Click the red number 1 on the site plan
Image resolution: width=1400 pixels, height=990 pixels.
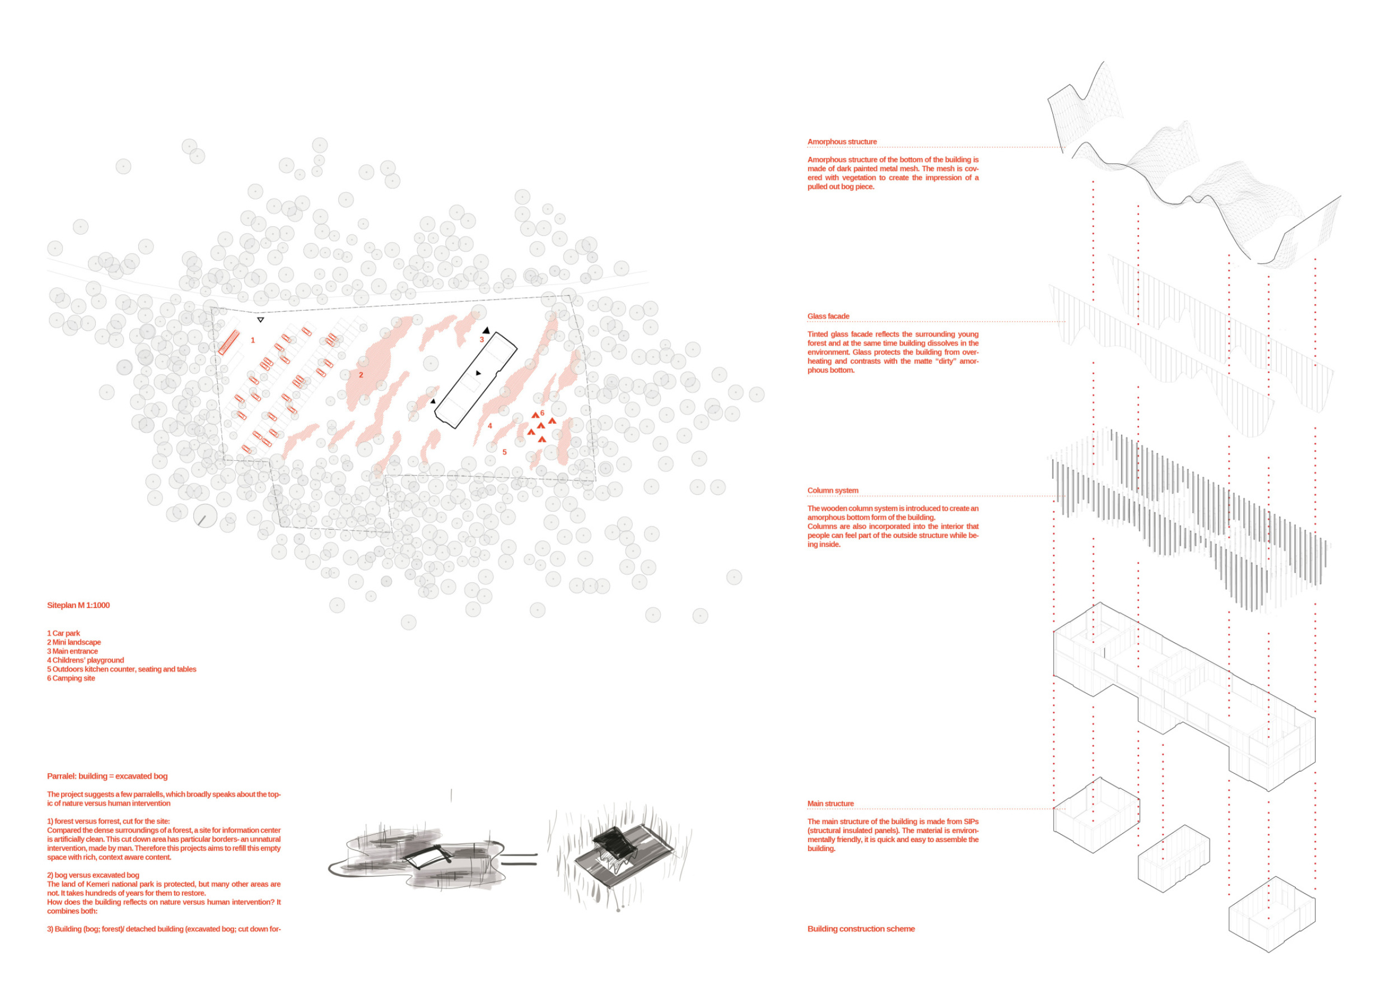(253, 340)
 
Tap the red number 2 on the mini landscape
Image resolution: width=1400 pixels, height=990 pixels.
(361, 375)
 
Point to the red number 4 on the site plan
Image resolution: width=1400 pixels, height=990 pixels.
(489, 426)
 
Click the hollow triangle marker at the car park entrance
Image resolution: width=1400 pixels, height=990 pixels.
(260, 319)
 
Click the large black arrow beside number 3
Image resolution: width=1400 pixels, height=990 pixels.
(486, 330)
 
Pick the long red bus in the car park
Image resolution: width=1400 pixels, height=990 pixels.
(228, 343)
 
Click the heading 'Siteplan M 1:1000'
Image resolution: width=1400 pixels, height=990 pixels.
(78, 605)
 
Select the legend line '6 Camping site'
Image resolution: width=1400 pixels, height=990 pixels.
(71, 678)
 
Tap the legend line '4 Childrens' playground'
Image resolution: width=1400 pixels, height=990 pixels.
(85, 660)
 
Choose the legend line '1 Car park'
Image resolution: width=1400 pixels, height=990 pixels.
(63, 633)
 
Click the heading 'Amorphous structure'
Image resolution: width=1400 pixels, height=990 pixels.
(842, 142)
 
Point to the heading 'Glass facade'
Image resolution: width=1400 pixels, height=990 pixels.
(828, 316)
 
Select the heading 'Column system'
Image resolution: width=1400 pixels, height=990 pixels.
(832, 491)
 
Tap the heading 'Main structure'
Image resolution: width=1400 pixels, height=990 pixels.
(830, 804)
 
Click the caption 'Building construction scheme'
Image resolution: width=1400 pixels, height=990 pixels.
(861, 928)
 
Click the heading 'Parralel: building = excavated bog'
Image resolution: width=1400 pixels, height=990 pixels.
(108, 776)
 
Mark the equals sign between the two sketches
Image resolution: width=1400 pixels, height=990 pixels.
(520, 860)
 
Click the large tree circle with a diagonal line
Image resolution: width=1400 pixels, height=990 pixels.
(205, 517)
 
